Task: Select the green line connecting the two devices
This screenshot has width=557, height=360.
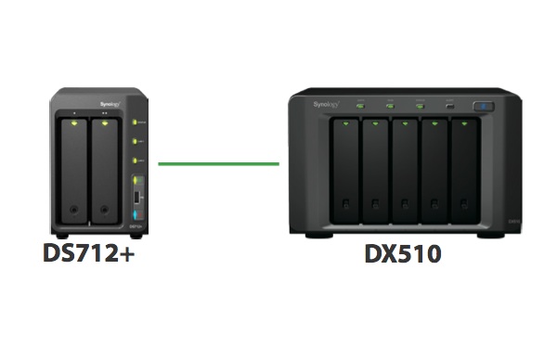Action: point(218,164)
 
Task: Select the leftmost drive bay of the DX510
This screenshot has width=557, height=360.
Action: point(343,172)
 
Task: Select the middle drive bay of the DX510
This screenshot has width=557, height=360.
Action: point(404,172)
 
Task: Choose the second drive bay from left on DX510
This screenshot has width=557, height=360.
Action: point(374,172)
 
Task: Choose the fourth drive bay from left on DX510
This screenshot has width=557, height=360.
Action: point(434,172)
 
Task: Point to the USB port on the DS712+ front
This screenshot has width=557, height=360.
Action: point(138,199)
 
